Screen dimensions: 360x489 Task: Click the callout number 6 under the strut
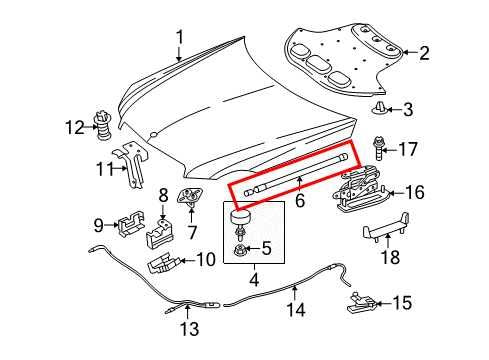[296, 199]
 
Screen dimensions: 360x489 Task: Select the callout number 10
[206, 260]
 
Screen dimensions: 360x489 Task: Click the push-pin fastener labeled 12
[101, 126]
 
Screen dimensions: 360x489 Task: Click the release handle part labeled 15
[362, 299]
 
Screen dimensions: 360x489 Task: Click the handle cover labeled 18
[381, 236]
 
